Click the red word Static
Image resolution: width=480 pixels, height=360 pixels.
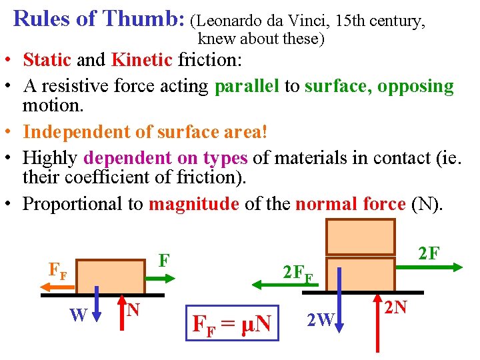(47, 60)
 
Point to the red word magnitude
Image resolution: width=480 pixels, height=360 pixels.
(193, 203)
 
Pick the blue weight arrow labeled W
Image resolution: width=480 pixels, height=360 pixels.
(97, 303)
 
